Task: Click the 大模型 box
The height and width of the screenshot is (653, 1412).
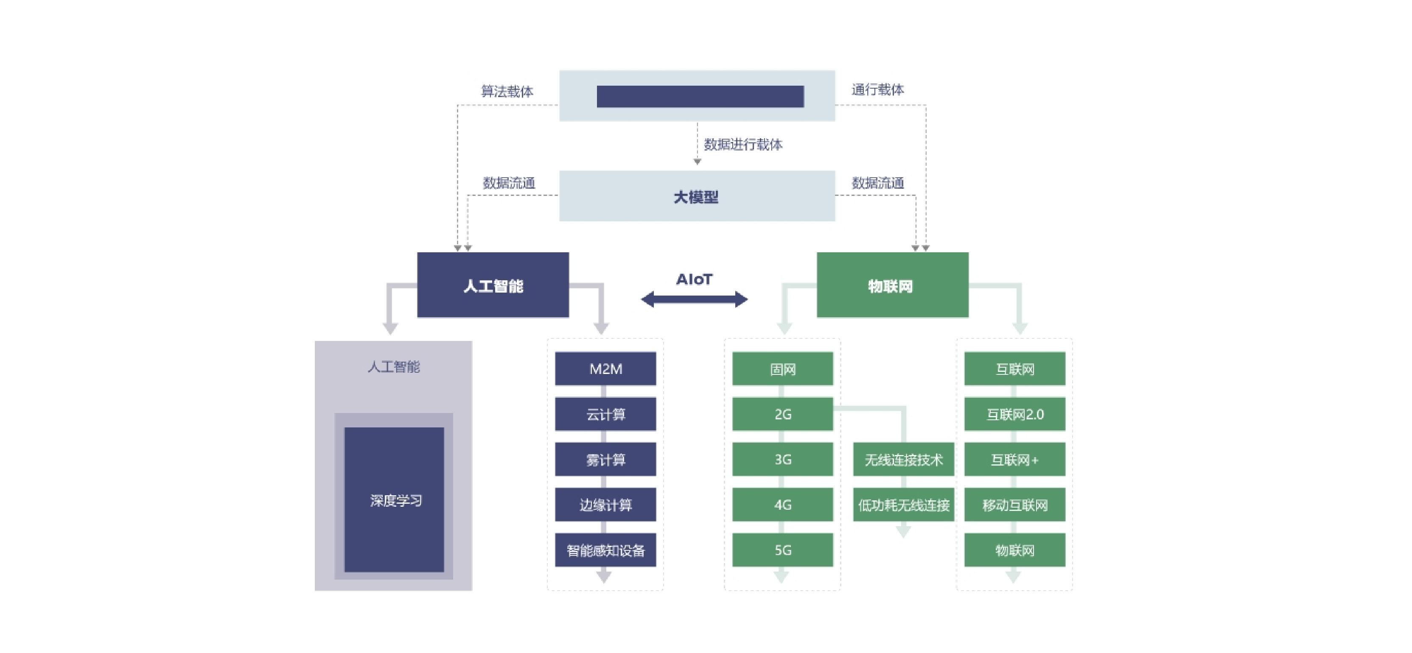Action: (x=697, y=196)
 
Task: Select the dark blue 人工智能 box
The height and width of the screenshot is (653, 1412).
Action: (x=493, y=285)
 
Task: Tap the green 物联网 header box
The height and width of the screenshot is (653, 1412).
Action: (x=892, y=285)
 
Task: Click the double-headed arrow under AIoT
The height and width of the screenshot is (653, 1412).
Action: (x=694, y=299)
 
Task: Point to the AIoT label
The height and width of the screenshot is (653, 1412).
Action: (x=694, y=279)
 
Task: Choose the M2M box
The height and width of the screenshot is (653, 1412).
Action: (x=605, y=368)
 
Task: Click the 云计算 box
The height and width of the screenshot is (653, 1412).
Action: (x=605, y=414)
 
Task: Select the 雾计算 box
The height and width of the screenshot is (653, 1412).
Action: (x=605, y=459)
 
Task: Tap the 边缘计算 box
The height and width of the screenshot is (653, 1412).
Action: (x=605, y=505)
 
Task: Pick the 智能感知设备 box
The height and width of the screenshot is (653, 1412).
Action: (x=605, y=550)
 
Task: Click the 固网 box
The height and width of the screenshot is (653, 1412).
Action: (x=782, y=368)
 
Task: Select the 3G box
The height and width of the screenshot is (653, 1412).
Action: (x=782, y=459)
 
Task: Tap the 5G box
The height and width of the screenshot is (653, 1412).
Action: (x=782, y=550)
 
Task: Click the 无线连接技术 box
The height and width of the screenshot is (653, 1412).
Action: (x=903, y=459)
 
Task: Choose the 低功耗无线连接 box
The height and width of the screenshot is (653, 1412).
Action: (x=903, y=505)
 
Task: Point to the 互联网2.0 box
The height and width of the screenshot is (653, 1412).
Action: (x=1014, y=414)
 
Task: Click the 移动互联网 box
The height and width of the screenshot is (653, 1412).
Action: (x=1014, y=505)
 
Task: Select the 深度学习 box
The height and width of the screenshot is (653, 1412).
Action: (x=394, y=500)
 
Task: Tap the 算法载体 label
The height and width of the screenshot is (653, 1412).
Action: (x=507, y=91)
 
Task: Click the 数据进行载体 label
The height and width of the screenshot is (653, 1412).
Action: (x=743, y=144)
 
